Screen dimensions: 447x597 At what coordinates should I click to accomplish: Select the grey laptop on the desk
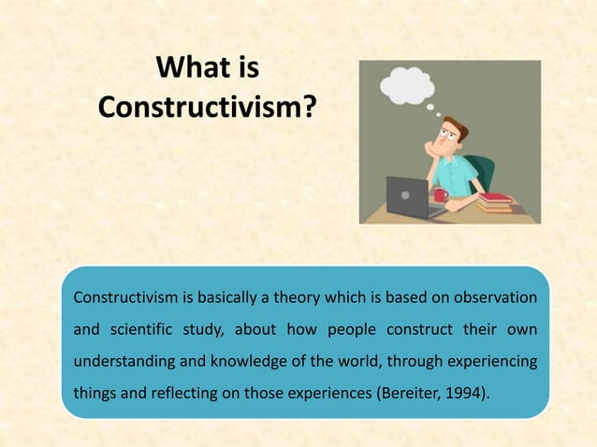[x=412, y=195]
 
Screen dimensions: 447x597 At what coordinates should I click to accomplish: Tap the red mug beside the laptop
[x=440, y=195]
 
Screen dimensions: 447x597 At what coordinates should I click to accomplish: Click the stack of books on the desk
[x=495, y=202]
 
